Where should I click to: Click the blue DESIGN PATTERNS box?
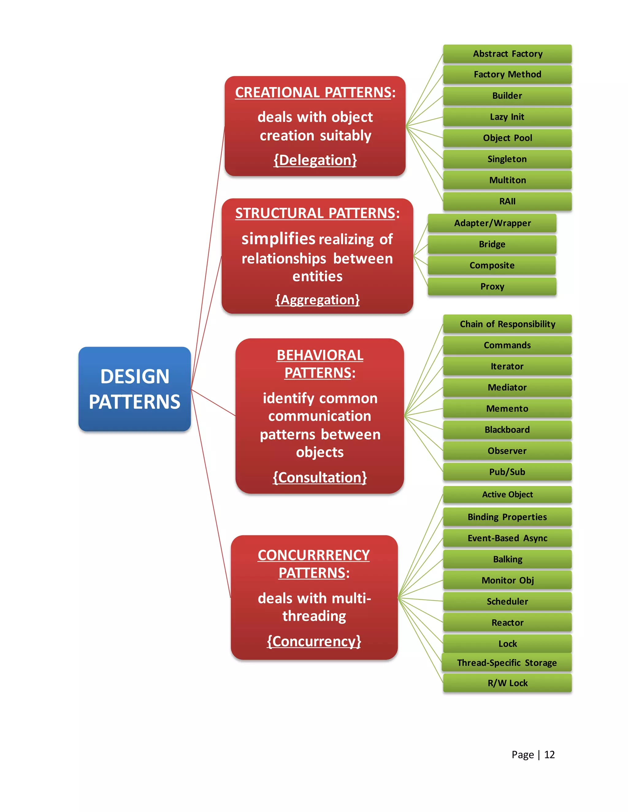[x=134, y=389]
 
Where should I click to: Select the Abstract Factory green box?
[x=507, y=54]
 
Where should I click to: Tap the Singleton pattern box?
[x=507, y=159]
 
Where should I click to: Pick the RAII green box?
[x=507, y=201]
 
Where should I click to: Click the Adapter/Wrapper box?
[x=492, y=223]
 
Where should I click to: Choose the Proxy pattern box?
[x=492, y=286]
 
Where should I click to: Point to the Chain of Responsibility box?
[x=507, y=324]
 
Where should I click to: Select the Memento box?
[x=507, y=408]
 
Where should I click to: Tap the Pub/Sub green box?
[x=507, y=472]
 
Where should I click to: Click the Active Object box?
[x=507, y=495]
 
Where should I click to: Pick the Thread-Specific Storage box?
[x=507, y=662]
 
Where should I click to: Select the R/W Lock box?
[x=507, y=683]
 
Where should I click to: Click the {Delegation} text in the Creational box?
[x=315, y=160]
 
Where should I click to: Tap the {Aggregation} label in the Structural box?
[x=317, y=300]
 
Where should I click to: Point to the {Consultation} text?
[x=320, y=477]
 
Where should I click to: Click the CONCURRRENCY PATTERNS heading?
[x=314, y=563]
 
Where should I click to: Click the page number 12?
[x=549, y=754]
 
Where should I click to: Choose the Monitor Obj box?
[x=507, y=580]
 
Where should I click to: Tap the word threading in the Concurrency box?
[x=314, y=616]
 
